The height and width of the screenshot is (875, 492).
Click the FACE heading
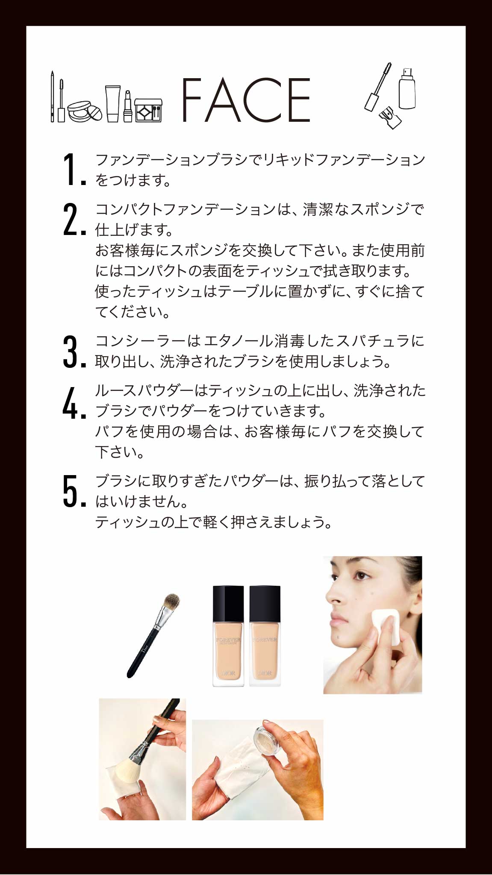tap(246, 100)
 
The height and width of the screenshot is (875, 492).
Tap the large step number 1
tap(70, 170)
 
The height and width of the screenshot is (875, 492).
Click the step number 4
tap(71, 402)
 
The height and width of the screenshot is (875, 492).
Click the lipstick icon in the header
tap(128, 106)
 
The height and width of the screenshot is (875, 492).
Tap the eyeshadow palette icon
tap(148, 110)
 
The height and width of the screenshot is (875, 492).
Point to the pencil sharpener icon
tap(390, 117)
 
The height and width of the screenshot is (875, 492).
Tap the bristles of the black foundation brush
tap(171, 602)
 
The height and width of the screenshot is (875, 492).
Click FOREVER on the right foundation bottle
tap(265, 640)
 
